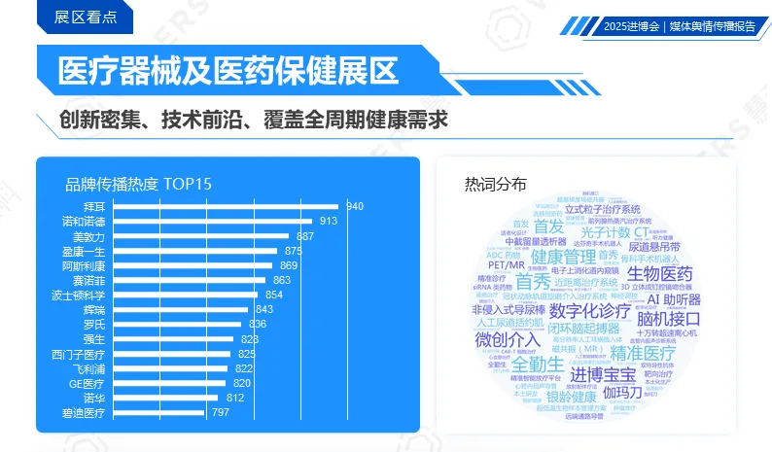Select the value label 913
coord(328,222)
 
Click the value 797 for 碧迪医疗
coord(220,412)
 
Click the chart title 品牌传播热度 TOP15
coord(138,184)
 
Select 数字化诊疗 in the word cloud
coord(590,311)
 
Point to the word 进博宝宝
coord(602,375)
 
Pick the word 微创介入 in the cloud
coord(508,339)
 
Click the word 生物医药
coord(659,274)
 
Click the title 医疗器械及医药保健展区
coord(228,71)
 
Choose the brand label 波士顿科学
coord(78,295)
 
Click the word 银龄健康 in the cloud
coord(571,396)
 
